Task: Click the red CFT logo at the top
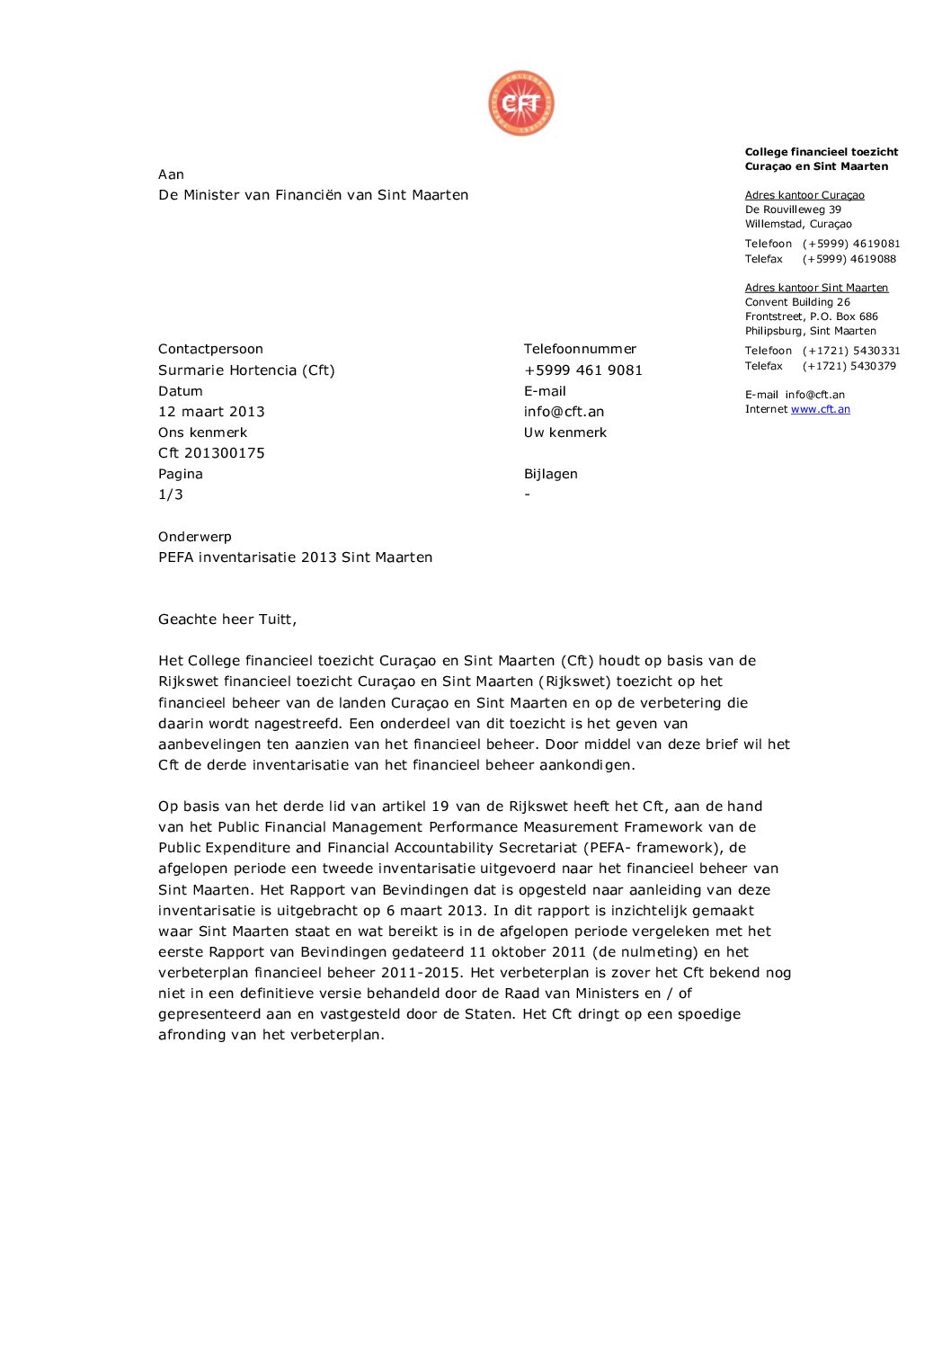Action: tap(521, 104)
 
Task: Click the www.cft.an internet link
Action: tap(820, 409)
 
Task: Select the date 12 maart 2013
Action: tap(211, 412)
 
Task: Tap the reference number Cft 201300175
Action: tap(211, 453)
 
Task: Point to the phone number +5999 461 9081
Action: tap(583, 370)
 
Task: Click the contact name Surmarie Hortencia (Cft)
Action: tap(246, 370)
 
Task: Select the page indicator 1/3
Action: tap(171, 495)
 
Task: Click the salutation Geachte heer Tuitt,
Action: tap(227, 620)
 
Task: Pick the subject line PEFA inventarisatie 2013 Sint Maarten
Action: tap(295, 557)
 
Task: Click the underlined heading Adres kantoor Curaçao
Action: tap(804, 195)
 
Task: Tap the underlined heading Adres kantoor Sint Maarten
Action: tap(816, 288)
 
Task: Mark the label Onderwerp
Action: tap(195, 537)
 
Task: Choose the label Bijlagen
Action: tap(551, 474)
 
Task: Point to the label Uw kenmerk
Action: tap(565, 432)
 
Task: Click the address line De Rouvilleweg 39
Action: tap(793, 209)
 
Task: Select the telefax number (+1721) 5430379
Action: tap(849, 366)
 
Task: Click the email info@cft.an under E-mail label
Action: tap(564, 412)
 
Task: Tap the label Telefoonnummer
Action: tap(580, 349)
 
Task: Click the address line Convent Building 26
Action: tap(797, 302)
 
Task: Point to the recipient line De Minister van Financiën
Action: tap(313, 195)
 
